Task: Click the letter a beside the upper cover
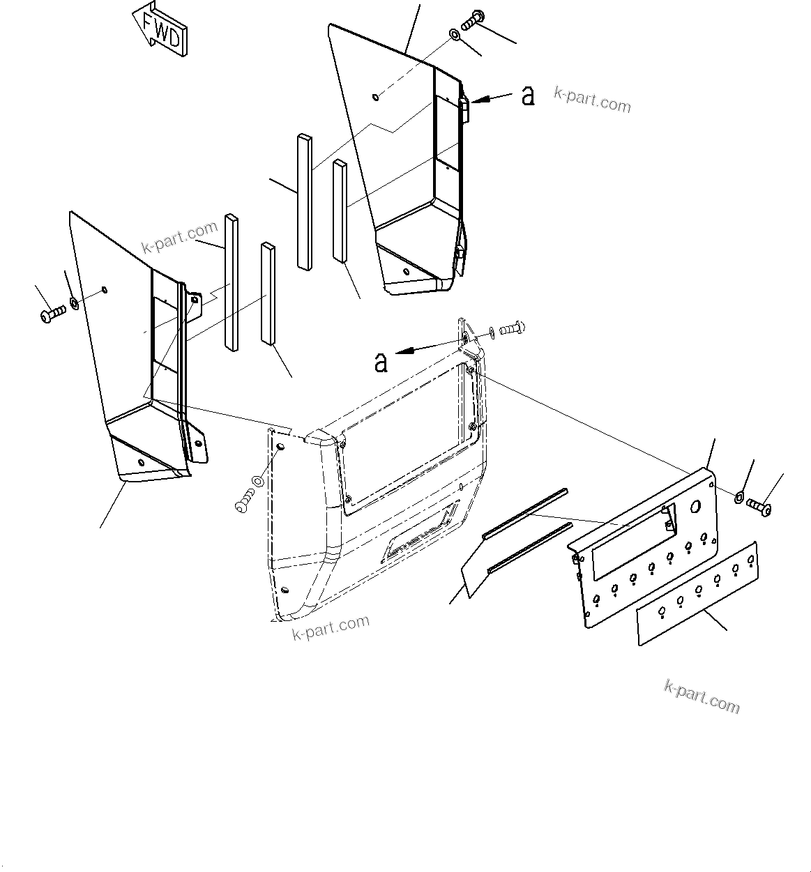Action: (x=528, y=95)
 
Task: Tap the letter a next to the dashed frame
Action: (x=381, y=361)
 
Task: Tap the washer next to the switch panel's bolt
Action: (x=738, y=496)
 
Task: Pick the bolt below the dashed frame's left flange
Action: (x=244, y=500)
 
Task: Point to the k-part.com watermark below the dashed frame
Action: (x=331, y=627)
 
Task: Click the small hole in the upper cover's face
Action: (x=376, y=96)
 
